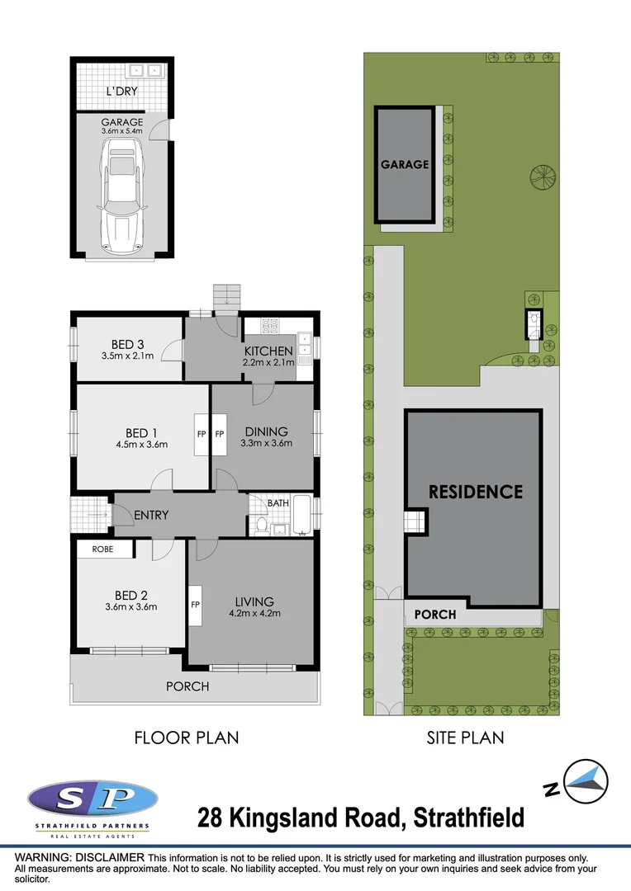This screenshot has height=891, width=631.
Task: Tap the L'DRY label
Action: pyautogui.click(x=121, y=91)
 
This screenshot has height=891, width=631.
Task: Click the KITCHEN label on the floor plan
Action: pyautogui.click(x=268, y=351)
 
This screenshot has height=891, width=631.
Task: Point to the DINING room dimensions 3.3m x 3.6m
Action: pyautogui.click(x=266, y=444)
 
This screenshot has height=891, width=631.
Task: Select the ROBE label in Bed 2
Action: pyautogui.click(x=102, y=549)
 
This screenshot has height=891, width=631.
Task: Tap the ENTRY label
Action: pyautogui.click(x=151, y=515)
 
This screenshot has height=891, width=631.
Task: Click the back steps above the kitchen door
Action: pyautogui.click(x=226, y=297)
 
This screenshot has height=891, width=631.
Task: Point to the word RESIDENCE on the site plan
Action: pyautogui.click(x=475, y=492)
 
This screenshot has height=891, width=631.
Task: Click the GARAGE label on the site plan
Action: pyautogui.click(x=405, y=164)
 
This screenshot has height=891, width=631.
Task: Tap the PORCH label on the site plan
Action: pyautogui.click(x=434, y=615)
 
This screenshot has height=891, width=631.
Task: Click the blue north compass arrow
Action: pyautogui.click(x=590, y=780)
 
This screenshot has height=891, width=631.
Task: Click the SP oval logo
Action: pyautogui.click(x=93, y=799)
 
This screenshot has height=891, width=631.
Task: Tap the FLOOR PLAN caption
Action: pyautogui.click(x=187, y=738)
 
